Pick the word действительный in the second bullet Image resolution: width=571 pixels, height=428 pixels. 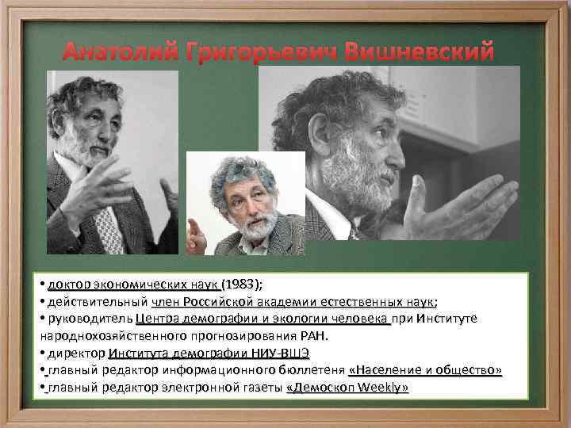(x=98, y=301)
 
